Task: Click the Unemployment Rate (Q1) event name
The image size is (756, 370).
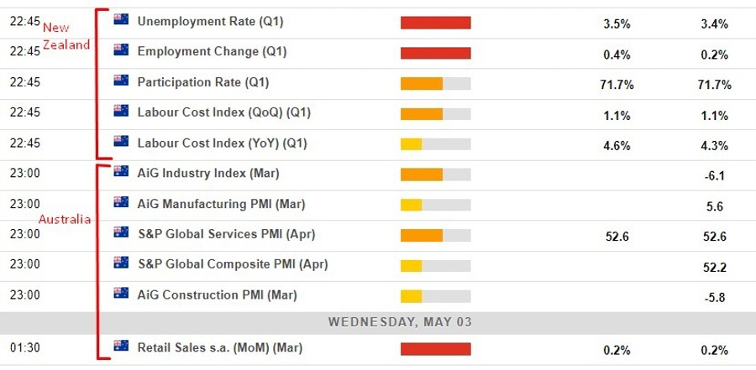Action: tap(211, 22)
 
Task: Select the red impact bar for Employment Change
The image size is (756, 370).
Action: tap(435, 52)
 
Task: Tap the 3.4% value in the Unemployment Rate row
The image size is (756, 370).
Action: tap(714, 24)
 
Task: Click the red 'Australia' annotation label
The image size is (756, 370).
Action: tap(66, 219)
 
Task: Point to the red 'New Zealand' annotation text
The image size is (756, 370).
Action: tap(66, 37)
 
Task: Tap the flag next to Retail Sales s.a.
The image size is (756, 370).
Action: tap(121, 347)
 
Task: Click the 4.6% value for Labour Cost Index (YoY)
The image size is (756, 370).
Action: tap(617, 145)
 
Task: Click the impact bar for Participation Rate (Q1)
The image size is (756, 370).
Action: tap(435, 83)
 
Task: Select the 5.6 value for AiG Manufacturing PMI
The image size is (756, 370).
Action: tap(714, 206)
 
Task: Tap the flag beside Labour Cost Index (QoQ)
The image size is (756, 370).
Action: tap(121, 112)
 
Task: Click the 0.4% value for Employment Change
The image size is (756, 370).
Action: tap(617, 55)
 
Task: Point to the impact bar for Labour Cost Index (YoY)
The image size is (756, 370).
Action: tap(435, 143)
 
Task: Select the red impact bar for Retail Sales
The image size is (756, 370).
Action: tap(435, 348)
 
